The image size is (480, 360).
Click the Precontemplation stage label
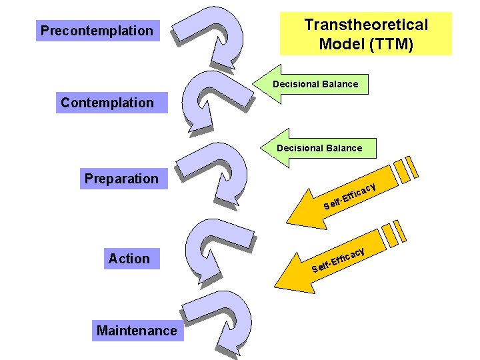[97, 31]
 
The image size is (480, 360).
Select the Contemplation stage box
[107, 103]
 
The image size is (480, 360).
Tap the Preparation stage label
[121, 179]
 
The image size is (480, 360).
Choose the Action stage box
[129, 259]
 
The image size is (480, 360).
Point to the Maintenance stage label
[137, 331]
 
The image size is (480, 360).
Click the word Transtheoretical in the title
[366, 25]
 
